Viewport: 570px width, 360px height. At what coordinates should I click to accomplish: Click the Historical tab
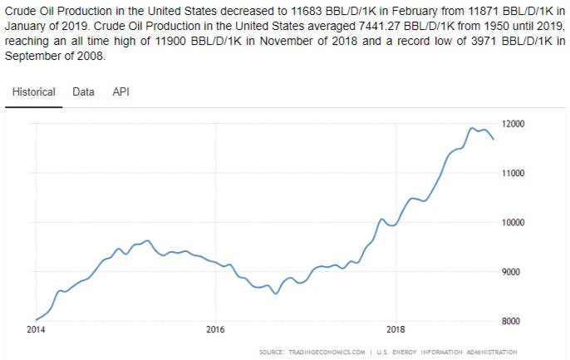(34, 91)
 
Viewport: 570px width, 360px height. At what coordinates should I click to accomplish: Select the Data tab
(83, 91)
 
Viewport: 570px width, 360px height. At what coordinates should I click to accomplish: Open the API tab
(120, 91)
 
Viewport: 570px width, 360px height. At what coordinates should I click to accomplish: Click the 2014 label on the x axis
(35, 329)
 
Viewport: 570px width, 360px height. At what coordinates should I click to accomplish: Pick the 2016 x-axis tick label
(215, 329)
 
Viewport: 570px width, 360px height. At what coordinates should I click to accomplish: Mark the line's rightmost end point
(494, 139)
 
